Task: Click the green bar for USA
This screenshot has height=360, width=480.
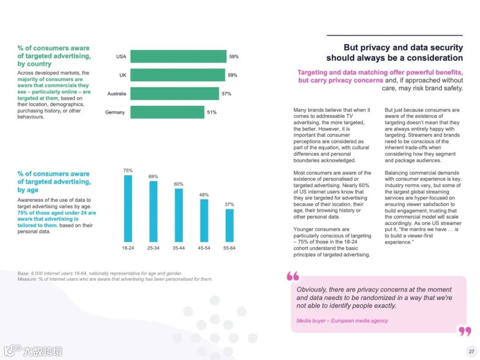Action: [x=178, y=56]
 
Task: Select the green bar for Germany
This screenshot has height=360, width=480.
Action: [x=167, y=112]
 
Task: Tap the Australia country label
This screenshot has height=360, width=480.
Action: [x=116, y=94]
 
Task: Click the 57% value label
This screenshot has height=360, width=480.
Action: [x=227, y=94]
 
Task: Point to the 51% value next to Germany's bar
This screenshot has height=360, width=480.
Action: [x=212, y=112]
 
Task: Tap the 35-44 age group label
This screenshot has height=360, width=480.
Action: [x=179, y=248]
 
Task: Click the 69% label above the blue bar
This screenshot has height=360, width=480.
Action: [x=153, y=176]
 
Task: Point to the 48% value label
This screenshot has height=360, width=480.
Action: [x=204, y=195]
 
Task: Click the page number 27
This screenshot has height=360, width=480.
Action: [x=471, y=351]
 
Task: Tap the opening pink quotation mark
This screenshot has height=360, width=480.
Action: [x=293, y=276]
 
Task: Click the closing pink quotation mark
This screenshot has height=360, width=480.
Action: [x=464, y=331]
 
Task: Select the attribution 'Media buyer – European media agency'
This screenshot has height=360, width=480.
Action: [x=342, y=320]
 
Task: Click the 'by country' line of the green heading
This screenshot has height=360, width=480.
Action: [x=34, y=64]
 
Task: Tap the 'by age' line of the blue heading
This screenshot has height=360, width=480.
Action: [x=28, y=190]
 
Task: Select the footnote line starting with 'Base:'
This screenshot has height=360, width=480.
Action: [x=100, y=273]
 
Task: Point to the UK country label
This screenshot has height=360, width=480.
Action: [x=123, y=75]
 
